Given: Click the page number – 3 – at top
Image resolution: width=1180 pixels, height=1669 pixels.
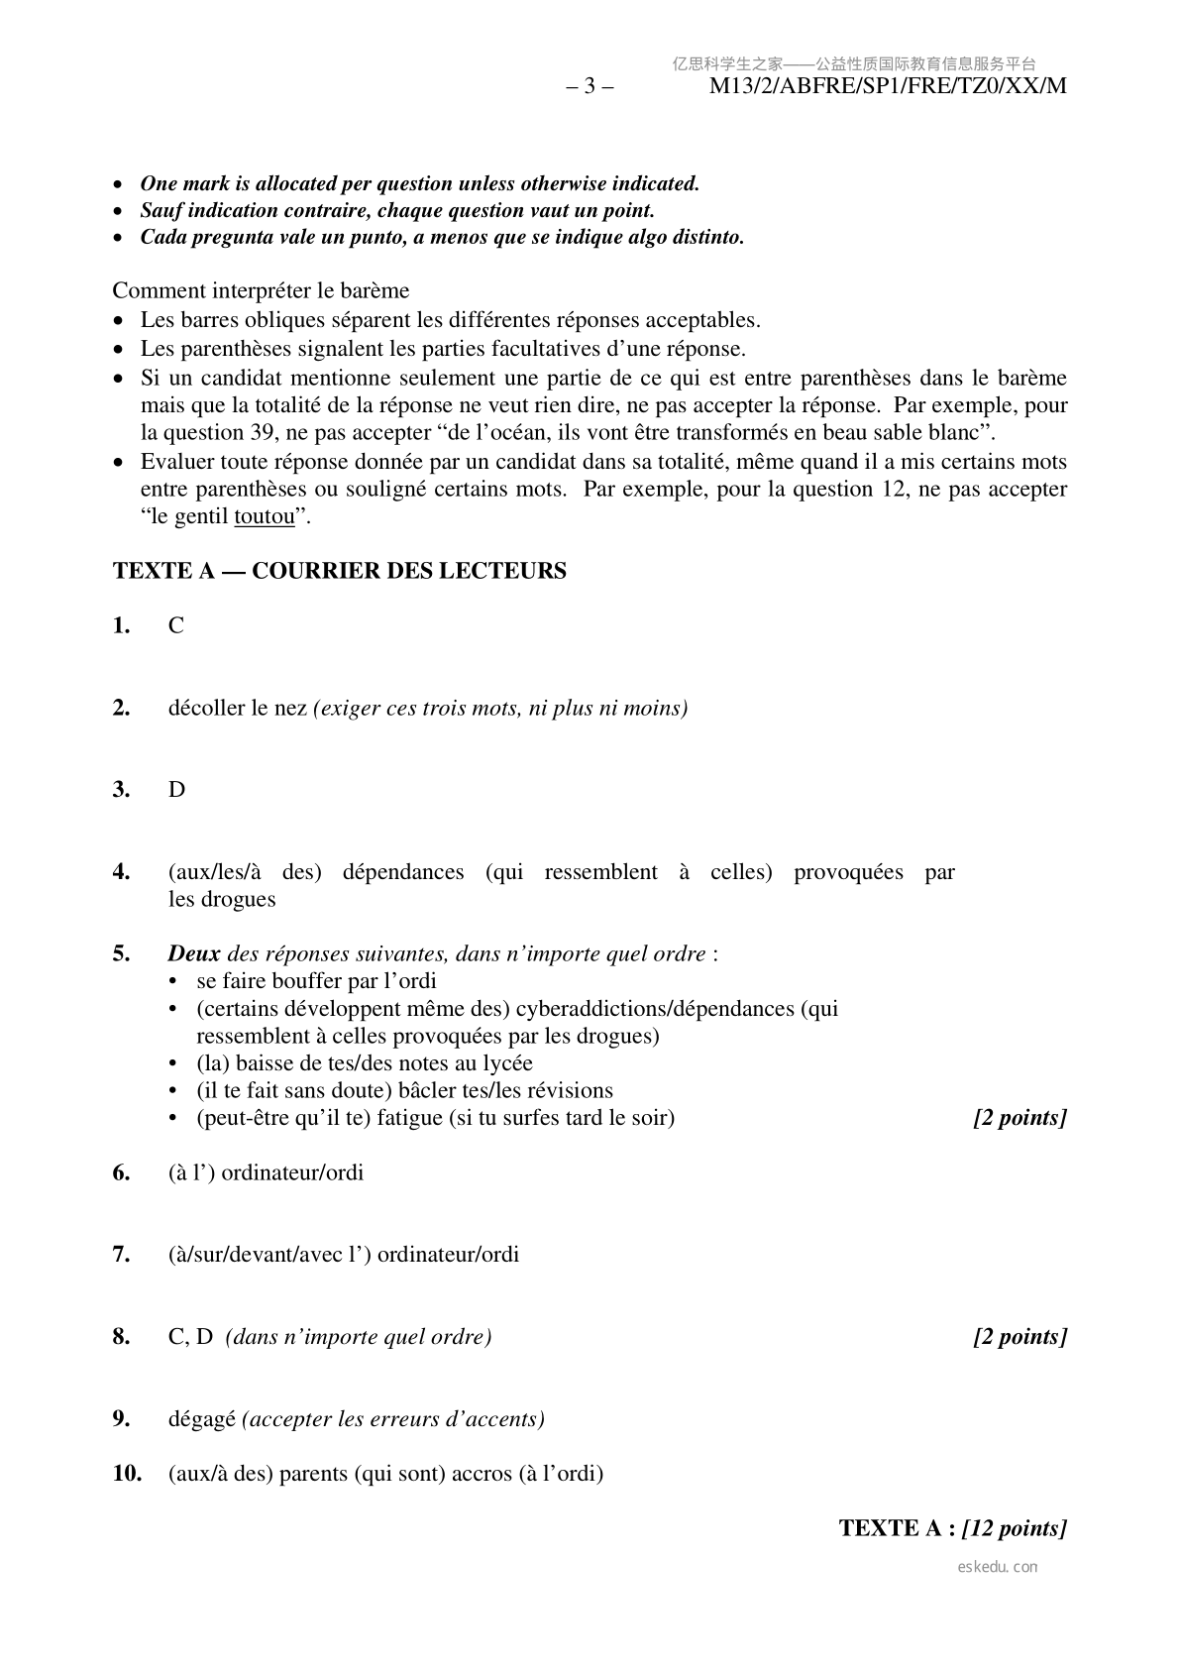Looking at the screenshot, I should click(590, 86).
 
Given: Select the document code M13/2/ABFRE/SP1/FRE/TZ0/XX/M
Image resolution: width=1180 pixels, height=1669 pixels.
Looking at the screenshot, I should click(888, 86).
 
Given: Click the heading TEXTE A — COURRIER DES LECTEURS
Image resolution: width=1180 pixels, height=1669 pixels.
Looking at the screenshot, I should click(340, 571).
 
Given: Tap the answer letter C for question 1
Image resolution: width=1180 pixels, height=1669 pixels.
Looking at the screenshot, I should click(176, 625).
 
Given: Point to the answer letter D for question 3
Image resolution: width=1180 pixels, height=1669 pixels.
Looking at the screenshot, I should click(176, 790).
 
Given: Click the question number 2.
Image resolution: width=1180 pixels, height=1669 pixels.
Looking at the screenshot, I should click(122, 708).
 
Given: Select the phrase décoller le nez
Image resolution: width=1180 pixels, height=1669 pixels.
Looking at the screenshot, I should click(238, 708).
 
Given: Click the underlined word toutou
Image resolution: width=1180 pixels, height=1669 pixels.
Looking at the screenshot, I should click(265, 516).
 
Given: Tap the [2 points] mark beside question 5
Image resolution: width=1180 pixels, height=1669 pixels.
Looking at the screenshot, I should click(1019, 1118).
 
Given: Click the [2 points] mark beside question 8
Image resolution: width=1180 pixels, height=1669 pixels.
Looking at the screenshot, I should click(1019, 1337).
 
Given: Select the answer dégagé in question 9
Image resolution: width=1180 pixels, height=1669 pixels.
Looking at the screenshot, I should click(202, 1419).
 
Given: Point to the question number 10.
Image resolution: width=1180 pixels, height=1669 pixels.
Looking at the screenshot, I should click(127, 1474).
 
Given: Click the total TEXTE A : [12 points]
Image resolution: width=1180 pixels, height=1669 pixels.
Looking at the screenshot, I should click(952, 1527).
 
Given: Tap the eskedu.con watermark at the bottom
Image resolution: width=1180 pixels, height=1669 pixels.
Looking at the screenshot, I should click(998, 1567).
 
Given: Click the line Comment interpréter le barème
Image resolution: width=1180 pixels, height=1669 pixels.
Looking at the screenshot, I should click(261, 290).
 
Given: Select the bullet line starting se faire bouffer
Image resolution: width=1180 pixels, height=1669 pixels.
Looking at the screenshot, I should click(316, 981).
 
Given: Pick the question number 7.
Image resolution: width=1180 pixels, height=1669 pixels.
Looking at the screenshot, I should click(122, 1255).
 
